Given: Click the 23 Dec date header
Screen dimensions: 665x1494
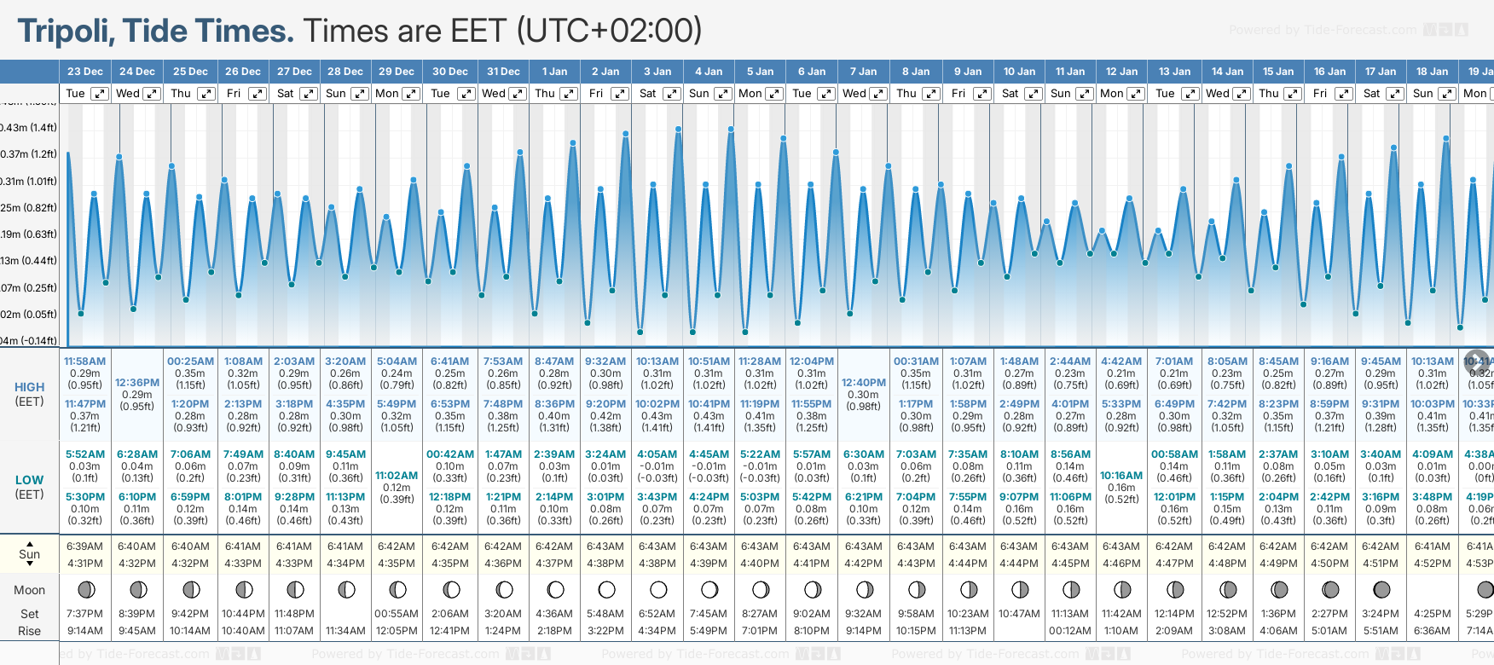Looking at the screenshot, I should [85, 72].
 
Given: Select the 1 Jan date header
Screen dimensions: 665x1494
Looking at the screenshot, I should [554, 72].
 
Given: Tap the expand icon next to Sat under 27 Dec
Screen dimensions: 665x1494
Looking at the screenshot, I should [309, 94].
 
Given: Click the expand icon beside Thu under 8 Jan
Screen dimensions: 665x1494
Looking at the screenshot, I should [931, 94].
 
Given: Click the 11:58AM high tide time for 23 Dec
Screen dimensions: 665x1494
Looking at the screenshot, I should [85, 361].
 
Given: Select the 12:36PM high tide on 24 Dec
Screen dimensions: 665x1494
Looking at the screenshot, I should [137, 383].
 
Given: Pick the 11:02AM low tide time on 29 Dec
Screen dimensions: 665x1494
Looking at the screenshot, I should [397, 476].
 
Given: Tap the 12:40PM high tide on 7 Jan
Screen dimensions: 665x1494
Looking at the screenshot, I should [864, 383].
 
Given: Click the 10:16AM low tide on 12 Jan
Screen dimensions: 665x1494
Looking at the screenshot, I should [1121, 476].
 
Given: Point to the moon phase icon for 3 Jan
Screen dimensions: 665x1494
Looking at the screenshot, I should [658, 589].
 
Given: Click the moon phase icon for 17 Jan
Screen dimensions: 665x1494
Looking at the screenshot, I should [1381, 589].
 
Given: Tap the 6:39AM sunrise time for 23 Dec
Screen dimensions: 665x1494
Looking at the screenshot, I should [84, 546].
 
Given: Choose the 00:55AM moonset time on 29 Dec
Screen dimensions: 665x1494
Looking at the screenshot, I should [397, 614].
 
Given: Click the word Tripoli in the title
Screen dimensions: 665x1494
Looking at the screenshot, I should [67, 32].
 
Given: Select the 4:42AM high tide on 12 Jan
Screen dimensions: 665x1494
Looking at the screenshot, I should [1121, 361].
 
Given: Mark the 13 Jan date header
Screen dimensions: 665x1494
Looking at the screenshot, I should [1174, 72].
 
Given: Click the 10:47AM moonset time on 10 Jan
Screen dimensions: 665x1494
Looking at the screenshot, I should [1019, 614].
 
